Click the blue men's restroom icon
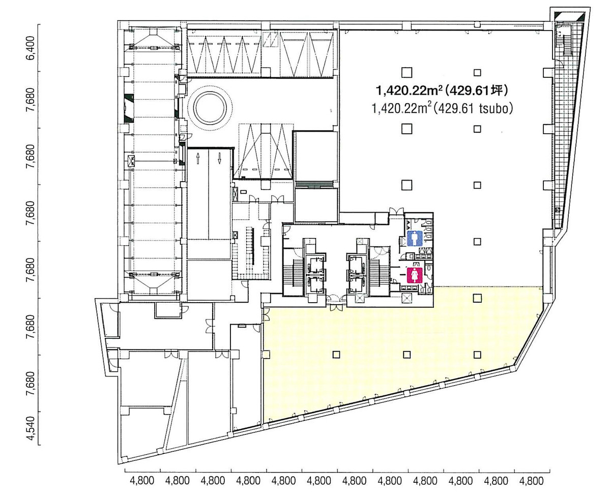[x=415, y=239]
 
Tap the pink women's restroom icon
[x=415, y=275]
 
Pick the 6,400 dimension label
[x=31, y=47]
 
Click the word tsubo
[x=495, y=108]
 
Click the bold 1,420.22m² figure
[x=408, y=91]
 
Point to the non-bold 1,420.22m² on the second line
[x=402, y=108]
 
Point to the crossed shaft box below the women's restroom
[x=407, y=299]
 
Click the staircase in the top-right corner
[x=564, y=41]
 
